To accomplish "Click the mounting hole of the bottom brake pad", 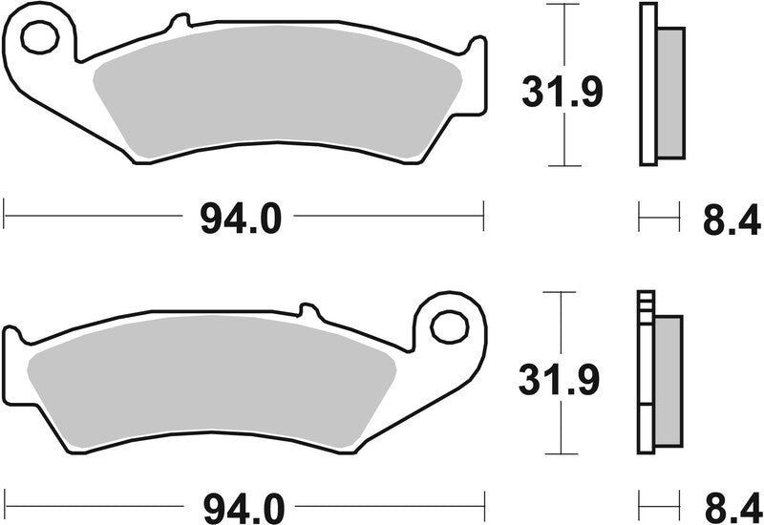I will pyautogui.click(x=446, y=325).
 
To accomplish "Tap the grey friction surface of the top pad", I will pyautogui.click(x=277, y=100).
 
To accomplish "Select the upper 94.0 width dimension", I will pyautogui.click(x=241, y=218).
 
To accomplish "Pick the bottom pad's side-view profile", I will pyautogui.click(x=659, y=374).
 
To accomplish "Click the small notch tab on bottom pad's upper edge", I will pyautogui.click(x=307, y=309).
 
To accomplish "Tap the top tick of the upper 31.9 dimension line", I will pyautogui.click(x=567, y=5).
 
